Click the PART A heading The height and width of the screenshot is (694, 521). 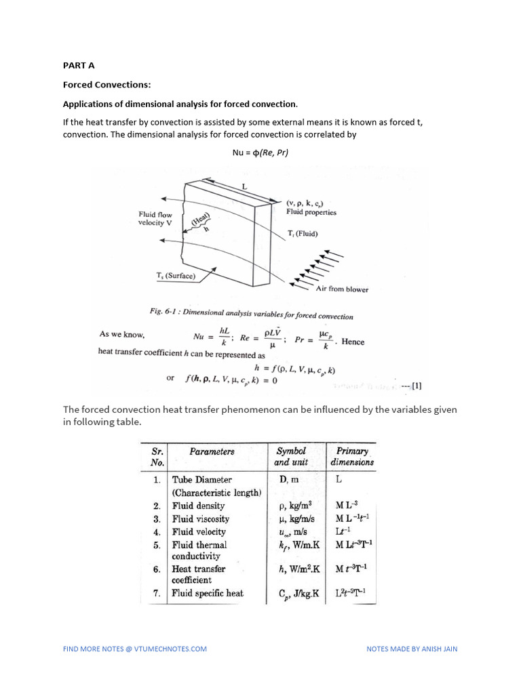point(79,66)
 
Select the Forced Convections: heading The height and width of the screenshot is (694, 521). point(107,85)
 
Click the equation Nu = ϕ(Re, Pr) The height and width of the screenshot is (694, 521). point(260,152)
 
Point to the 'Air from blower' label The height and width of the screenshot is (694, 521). point(342,289)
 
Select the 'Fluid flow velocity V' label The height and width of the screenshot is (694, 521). point(155,219)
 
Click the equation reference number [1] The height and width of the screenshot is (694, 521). point(416,386)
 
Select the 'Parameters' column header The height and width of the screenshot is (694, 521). point(212,451)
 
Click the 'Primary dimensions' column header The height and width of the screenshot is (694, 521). point(351,456)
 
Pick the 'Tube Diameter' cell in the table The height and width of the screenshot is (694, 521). point(202,480)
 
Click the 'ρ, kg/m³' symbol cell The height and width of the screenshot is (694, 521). point(296,506)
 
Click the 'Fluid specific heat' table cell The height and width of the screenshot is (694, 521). point(208,593)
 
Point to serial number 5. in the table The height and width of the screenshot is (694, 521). point(156,545)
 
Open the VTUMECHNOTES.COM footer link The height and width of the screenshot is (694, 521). point(135,649)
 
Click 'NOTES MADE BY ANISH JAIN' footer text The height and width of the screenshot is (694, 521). point(412,649)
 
